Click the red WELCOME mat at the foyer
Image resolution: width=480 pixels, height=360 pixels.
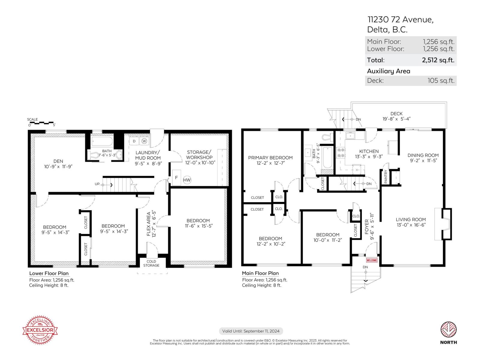click(x=372, y=260)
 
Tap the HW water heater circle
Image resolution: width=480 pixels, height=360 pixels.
click(x=187, y=180)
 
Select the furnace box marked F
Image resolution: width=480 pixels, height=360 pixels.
click(x=176, y=178)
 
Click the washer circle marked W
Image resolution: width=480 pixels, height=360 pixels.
click(x=145, y=141)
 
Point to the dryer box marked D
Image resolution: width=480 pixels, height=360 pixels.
click(x=134, y=141)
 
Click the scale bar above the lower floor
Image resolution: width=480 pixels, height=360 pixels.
click(x=41, y=123)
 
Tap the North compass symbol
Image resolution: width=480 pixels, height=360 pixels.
click(x=448, y=330)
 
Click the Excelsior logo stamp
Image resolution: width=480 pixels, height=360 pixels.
click(x=40, y=330)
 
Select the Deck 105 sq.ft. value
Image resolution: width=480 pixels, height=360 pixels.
click(x=441, y=80)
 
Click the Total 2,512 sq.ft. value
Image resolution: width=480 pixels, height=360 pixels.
click(x=438, y=60)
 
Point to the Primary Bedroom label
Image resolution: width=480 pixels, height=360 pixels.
click(x=270, y=157)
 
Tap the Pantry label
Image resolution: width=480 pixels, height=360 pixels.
click(x=386, y=177)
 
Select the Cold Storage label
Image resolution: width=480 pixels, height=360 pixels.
click(x=151, y=263)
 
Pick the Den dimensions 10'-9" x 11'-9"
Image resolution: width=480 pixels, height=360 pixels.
click(x=58, y=166)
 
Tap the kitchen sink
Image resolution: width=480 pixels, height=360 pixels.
click(x=350, y=136)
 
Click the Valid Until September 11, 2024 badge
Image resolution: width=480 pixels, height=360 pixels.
click(x=251, y=331)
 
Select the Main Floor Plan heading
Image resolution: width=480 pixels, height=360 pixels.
click(x=260, y=273)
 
